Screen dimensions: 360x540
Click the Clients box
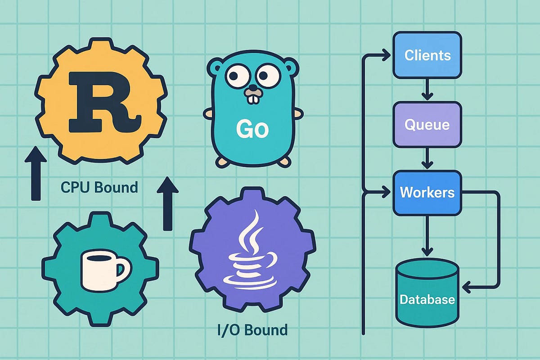[x=427, y=55]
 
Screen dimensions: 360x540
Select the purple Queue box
[x=427, y=124]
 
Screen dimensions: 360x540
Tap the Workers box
[x=427, y=193]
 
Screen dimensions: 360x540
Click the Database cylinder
[x=427, y=290]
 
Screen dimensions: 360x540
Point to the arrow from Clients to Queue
[x=427, y=90]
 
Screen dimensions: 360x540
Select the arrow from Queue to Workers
[x=427, y=159]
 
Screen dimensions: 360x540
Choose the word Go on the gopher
[x=252, y=130]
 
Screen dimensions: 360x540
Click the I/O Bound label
[x=252, y=330]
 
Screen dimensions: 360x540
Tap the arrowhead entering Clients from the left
[x=386, y=56]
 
